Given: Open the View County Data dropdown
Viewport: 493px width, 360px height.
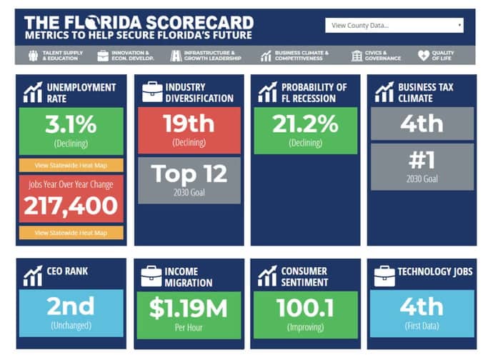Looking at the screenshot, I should point(394,26).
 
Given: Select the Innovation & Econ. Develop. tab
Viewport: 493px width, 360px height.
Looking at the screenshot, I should point(126,56).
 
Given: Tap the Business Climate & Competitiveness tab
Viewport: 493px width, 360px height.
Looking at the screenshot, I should point(296,56).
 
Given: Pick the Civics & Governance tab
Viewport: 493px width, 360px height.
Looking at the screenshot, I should point(377,56).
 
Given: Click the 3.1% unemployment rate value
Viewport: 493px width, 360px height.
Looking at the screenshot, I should point(70,125).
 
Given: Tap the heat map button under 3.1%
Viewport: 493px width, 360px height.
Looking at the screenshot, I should point(70,165).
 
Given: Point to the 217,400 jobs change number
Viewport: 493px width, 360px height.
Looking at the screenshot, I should point(70,206).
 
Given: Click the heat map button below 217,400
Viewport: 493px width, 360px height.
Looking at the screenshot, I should point(70,233).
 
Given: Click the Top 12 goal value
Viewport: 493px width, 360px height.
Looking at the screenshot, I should point(189,174).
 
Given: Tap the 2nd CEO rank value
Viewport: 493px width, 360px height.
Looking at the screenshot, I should point(70,306).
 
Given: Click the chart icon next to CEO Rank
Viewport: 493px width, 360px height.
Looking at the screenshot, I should point(32,274).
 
